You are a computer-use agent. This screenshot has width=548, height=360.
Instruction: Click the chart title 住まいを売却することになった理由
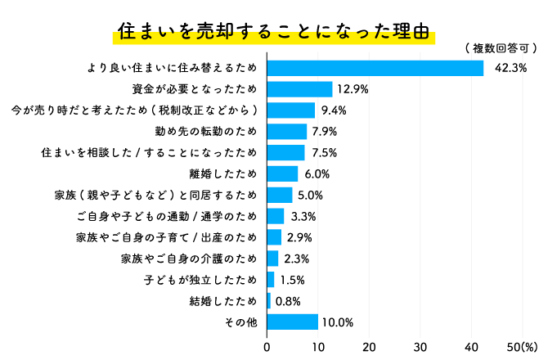[x=273, y=33]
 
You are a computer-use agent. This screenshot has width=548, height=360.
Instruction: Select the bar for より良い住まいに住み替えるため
[x=375, y=68]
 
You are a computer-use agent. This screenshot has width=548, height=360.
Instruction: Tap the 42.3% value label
[x=511, y=68]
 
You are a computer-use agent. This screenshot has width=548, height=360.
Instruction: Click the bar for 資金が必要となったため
[x=299, y=89]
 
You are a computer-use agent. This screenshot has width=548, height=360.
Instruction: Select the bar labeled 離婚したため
[x=282, y=173]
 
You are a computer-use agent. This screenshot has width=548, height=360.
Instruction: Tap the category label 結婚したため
[x=222, y=301]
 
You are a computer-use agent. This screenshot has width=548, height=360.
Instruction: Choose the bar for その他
[x=292, y=322]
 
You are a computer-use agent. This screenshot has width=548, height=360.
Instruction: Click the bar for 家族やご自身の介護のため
[x=272, y=259]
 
